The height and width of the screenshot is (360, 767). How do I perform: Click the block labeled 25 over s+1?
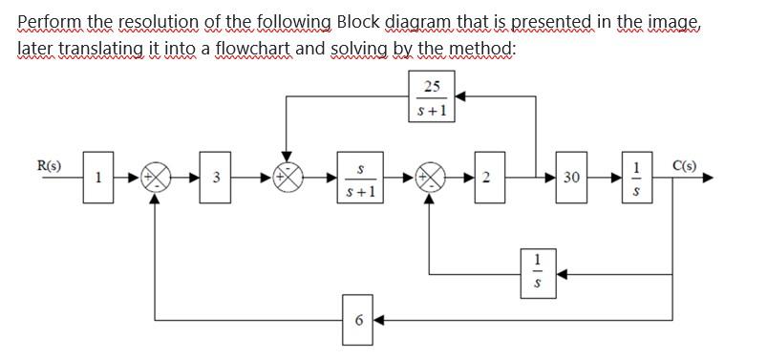tap(432, 99)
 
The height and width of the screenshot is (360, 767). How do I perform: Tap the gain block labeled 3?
tap(217, 177)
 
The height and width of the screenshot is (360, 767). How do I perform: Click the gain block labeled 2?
tap(486, 177)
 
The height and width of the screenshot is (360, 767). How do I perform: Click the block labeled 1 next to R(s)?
tap(97, 177)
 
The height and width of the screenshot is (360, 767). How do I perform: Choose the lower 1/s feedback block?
tap(538, 272)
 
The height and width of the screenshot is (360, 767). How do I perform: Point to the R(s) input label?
tap(49, 165)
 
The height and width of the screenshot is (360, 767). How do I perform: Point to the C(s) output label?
tap(684, 165)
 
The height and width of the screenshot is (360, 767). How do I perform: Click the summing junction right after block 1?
tap(155, 178)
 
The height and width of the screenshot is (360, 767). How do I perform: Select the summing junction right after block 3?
tap(286, 178)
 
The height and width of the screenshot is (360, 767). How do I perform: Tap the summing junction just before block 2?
tap(432, 178)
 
